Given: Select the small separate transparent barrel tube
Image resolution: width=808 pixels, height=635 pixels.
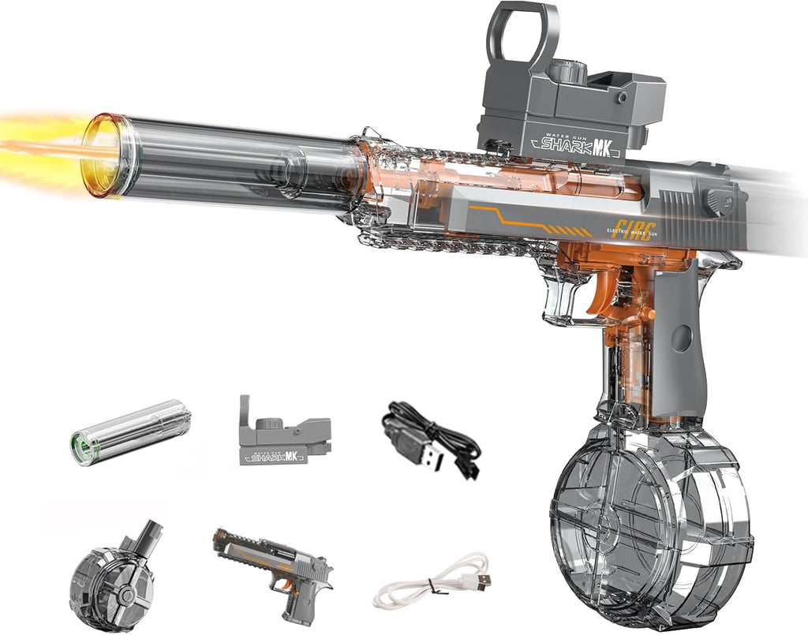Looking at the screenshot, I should tap(131, 431).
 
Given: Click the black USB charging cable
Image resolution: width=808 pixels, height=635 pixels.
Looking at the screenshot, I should tap(430, 438).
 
